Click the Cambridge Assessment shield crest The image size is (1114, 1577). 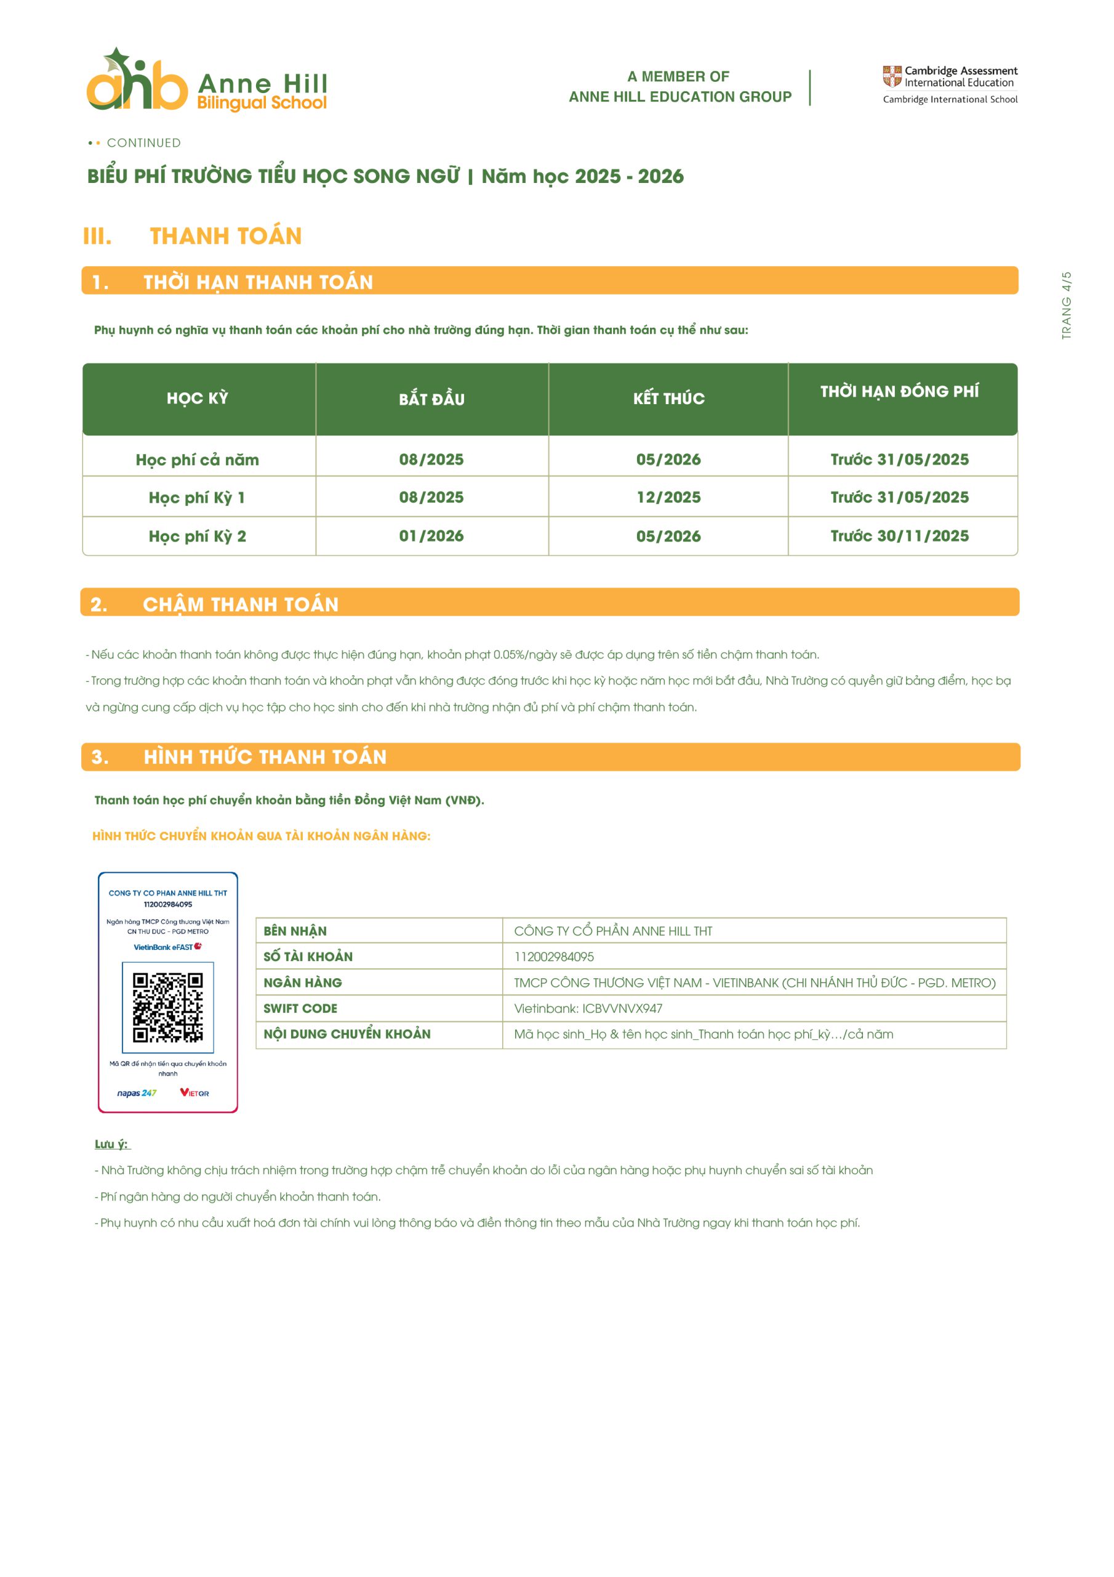coord(892,76)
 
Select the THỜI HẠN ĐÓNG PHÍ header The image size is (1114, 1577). coord(899,392)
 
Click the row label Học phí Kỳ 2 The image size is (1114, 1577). coord(197,537)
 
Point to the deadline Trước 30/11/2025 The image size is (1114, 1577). coord(899,536)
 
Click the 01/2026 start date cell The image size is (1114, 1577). coord(431,536)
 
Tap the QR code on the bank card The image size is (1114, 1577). coord(167,1007)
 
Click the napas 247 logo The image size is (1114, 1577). coord(137,1093)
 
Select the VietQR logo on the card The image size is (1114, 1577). coord(194,1093)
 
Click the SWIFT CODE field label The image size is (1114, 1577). coord(300,1008)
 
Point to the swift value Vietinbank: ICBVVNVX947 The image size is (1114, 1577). coord(588,1008)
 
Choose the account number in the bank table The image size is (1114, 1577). coord(554,957)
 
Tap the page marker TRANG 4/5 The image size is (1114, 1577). coord(1066,305)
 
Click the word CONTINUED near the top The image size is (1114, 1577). coord(143,143)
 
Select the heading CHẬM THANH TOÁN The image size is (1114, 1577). coord(240,604)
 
